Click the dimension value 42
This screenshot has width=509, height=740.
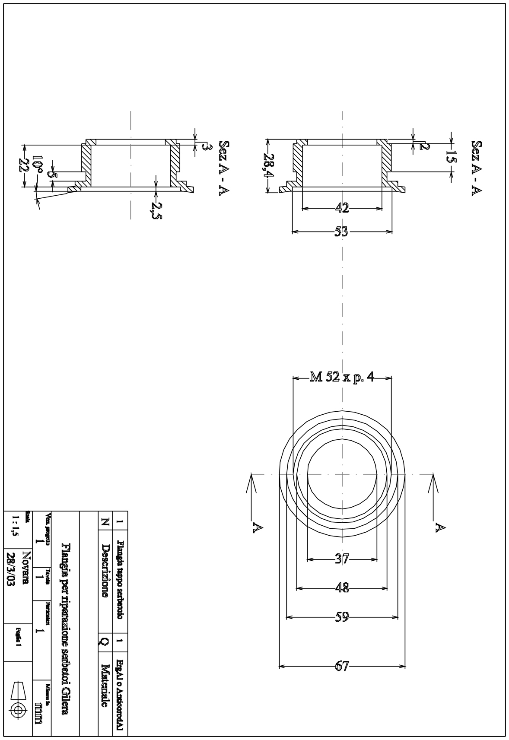342,209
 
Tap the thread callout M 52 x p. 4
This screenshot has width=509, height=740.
341,377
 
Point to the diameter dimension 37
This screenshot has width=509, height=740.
341,559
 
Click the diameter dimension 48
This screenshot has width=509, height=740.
342,588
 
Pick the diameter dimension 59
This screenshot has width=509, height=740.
342,617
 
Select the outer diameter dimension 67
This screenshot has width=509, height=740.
342,666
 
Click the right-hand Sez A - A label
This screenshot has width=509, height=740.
477,168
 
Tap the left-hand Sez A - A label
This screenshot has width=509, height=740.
223,168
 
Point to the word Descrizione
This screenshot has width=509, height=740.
105,570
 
